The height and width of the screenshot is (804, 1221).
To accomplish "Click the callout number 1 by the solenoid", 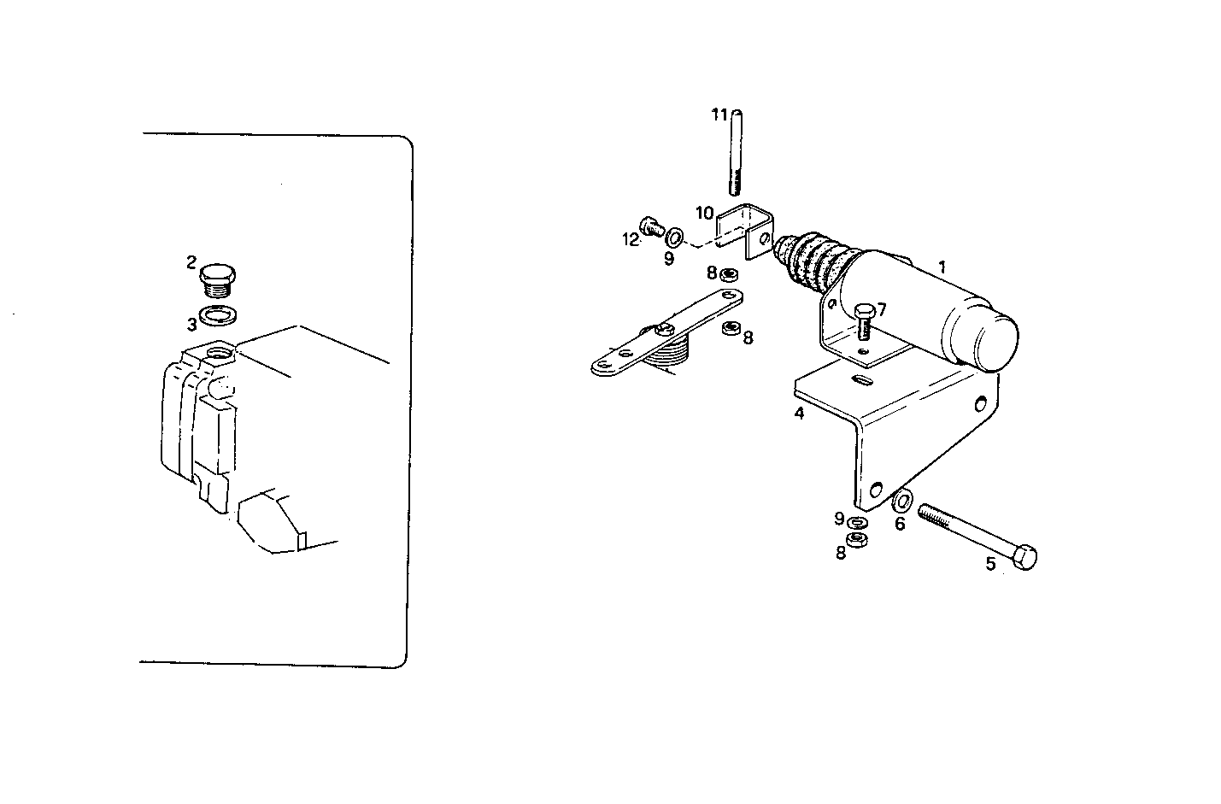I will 942,267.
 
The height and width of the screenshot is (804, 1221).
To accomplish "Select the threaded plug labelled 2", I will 220,279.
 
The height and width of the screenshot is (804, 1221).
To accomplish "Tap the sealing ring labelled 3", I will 219,318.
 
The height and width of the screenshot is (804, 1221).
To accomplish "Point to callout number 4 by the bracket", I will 799,414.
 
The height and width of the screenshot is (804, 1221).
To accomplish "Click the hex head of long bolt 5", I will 1024,559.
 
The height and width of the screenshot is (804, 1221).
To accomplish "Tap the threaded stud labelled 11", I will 737,154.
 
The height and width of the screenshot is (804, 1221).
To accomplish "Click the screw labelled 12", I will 653,226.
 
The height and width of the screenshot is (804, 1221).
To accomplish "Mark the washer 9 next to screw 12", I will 674,235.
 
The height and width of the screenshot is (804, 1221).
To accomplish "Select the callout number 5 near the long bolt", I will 990,564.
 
